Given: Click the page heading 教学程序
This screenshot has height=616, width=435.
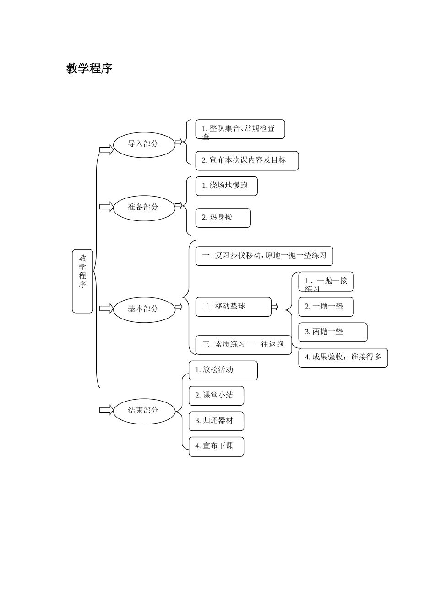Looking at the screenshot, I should pyautogui.click(x=89, y=69).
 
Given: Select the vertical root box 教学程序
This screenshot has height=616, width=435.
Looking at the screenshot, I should pyautogui.click(x=82, y=281).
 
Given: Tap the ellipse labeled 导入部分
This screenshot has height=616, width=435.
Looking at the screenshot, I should pyautogui.click(x=144, y=144).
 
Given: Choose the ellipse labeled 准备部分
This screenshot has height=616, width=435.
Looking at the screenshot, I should pyautogui.click(x=144, y=207).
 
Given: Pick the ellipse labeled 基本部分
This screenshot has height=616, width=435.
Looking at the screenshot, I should pyautogui.click(x=144, y=309).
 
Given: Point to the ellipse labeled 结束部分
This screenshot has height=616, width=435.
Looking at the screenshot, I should pyautogui.click(x=144, y=410).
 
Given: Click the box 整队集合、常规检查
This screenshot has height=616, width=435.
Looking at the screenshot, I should pyautogui.click(x=240, y=129).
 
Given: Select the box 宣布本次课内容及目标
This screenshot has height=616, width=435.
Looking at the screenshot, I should pyautogui.click(x=247, y=160).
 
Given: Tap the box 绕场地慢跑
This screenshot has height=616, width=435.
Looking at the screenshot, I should pyautogui.click(x=226, y=186).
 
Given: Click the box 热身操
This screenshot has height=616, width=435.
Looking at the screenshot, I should pyautogui.click(x=223, y=218).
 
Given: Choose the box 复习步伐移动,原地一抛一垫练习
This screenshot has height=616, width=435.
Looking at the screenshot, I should pyautogui.click(x=264, y=256).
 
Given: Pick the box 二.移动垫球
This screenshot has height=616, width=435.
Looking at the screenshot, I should pyautogui.click(x=234, y=307).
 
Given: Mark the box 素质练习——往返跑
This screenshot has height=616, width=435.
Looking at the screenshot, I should pyautogui.click(x=244, y=345).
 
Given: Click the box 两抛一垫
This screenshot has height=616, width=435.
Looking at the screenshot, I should pyautogui.click(x=333, y=332).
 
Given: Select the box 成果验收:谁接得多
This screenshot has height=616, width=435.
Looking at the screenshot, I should pyautogui.click(x=343, y=357).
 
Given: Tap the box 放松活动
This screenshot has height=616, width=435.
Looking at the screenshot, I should pyautogui.click(x=223, y=370).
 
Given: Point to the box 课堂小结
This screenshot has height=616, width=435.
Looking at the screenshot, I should pyautogui.click(x=216, y=396).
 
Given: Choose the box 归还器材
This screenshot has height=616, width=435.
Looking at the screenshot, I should pyautogui.click(x=216, y=421).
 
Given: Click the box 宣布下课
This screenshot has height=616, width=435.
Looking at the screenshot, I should pyautogui.click(x=216, y=446).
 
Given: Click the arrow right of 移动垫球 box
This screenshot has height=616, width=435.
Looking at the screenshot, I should pyautogui.click(x=275, y=307).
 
